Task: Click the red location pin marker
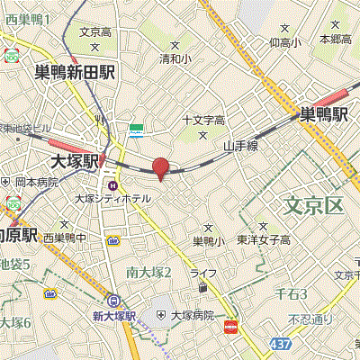click(x=160, y=167)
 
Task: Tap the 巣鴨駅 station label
click(x=324, y=114)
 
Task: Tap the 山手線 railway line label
click(x=241, y=144)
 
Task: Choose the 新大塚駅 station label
click(x=113, y=316)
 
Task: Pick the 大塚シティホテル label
click(x=112, y=198)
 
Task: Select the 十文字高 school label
click(x=202, y=120)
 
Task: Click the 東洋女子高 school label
click(x=264, y=239)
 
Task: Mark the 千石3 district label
click(x=291, y=294)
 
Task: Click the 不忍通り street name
click(x=310, y=319)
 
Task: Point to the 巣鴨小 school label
click(x=208, y=240)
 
